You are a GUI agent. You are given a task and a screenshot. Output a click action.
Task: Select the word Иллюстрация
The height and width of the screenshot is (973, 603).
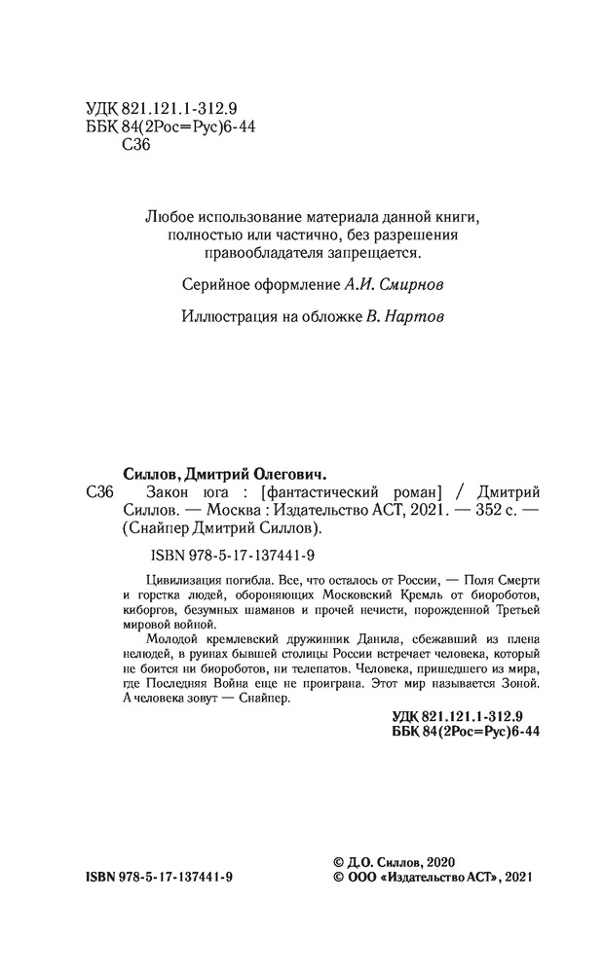click(228, 317)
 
